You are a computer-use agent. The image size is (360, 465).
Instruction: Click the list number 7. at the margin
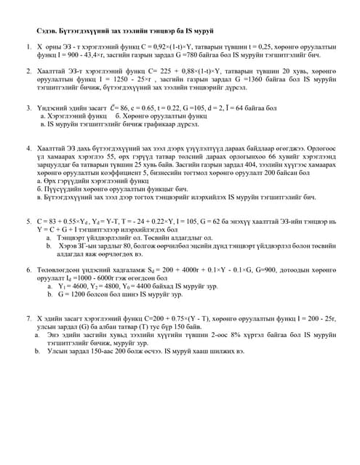tap(28, 318)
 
